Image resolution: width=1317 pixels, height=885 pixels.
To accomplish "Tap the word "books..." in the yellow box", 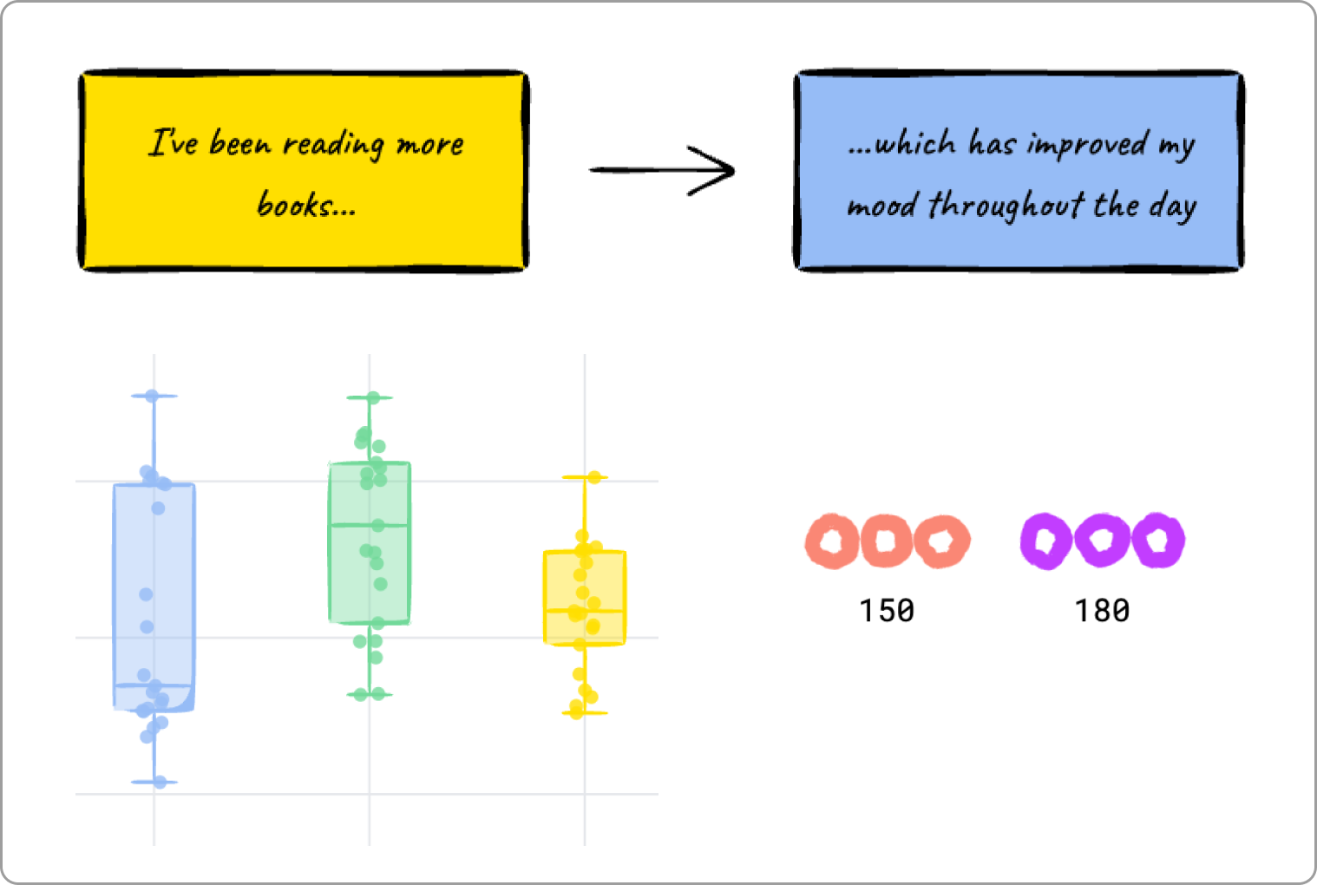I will tap(305, 206).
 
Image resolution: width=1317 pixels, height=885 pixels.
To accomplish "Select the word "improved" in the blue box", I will tap(1086, 145).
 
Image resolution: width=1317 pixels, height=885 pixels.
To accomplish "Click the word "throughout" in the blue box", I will tap(1006, 206).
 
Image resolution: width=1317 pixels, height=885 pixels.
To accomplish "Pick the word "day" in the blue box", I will tap(1173, 206).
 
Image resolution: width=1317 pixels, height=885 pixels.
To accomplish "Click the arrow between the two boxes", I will tap(663, 170).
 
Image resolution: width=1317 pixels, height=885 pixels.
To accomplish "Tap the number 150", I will tap(887, 611).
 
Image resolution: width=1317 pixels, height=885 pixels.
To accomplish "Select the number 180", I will tap(1102, 611).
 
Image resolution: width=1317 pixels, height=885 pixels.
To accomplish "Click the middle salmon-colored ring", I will tap(886, 541).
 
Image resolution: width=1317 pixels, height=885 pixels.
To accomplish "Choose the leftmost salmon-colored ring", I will tap(832, 541).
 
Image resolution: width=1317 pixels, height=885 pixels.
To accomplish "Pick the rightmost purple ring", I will tap(1157, 541).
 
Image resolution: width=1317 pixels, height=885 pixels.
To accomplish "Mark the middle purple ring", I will tap(1102, 541).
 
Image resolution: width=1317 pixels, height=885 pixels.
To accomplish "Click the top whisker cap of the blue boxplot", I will tap(154, 396).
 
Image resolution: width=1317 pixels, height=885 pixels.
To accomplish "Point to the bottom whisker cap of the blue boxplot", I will tap(154, 782).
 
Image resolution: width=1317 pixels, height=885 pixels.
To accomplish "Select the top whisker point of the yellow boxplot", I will tap(594, 477).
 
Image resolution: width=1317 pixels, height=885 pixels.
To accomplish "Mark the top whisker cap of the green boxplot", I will tap(370, 397).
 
